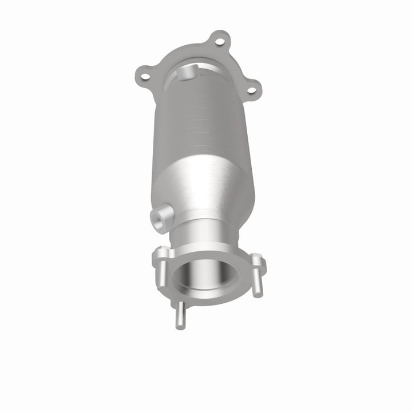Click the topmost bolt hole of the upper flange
[217, 40]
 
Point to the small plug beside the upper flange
[187, 73]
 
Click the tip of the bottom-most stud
[180, 327]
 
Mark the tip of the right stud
[260, 294]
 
